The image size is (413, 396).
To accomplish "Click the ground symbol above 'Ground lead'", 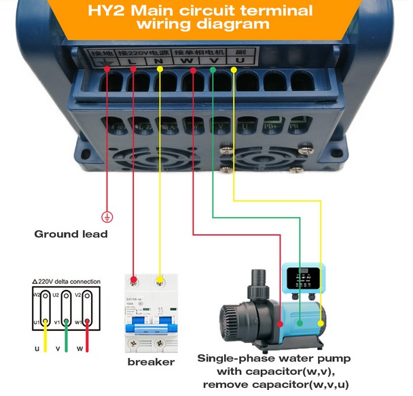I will pos(107,217).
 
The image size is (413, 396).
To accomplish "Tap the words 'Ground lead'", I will pos(71,234).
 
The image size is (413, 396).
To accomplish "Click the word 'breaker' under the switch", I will pos(151,362).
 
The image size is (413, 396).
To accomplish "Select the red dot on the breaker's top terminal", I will pos(134,280).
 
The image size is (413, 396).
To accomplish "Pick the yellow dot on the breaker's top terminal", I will pos(160,280).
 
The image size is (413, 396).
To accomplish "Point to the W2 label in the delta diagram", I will pos(37,295).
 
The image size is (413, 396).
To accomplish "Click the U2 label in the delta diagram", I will pos(58,295).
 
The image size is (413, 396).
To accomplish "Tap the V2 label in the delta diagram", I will pos(78,295).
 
